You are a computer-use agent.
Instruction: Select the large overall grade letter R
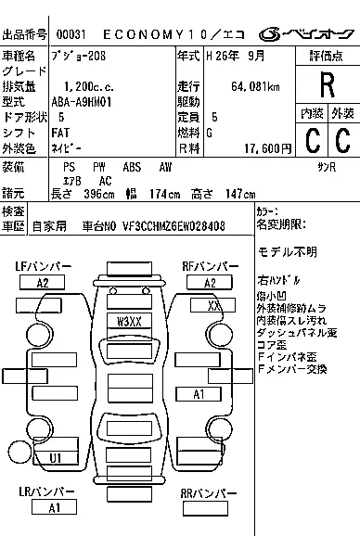(x=326, y=86)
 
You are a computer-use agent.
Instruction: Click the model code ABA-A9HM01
(x=83, y=102)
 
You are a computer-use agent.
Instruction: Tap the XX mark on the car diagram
(x=213, y=304)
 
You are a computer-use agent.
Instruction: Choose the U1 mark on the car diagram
(x=56, y=457)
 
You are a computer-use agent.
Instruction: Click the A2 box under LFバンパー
(x=43, y=283)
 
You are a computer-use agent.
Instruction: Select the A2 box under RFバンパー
(x=210, y=283)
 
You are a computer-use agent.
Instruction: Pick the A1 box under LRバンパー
(x=55, y=507)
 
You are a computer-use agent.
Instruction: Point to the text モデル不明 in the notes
(x=287, y=252)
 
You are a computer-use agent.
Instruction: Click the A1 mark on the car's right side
(x=199, y=394)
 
